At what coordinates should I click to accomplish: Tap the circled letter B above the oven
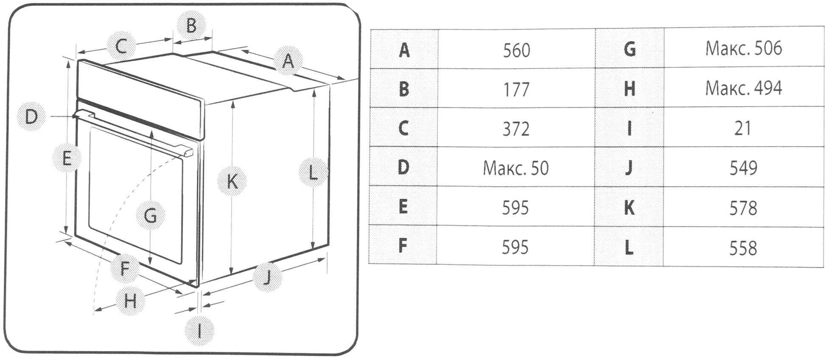pyautogui.click(x=191, y=25)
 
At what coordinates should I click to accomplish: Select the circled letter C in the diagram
pyautogui.click(x=121, y=45)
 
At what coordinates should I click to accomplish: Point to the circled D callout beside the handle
pyautogui.click(x=31, y=116)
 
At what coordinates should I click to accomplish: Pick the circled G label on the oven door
pyautogui.click(x=150, y=215)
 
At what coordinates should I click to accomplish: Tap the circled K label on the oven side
pyautogui.click(x=232, y=181)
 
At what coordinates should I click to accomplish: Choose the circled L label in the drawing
pyautogui.click(x=313, y=172)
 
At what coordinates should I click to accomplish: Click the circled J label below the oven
pyautogui.click(x=267, y=277)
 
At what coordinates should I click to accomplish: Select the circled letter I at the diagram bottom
pyautogui.click(x=199, y=331)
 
